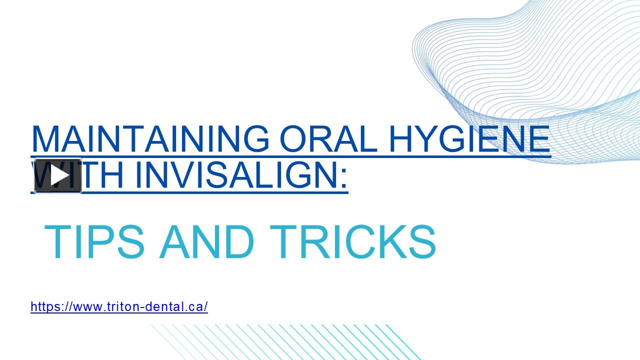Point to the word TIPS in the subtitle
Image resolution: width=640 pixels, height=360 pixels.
click(94, 242)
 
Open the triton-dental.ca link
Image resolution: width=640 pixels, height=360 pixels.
click(119, 306)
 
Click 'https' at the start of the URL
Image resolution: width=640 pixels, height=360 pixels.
click(41, 306)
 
